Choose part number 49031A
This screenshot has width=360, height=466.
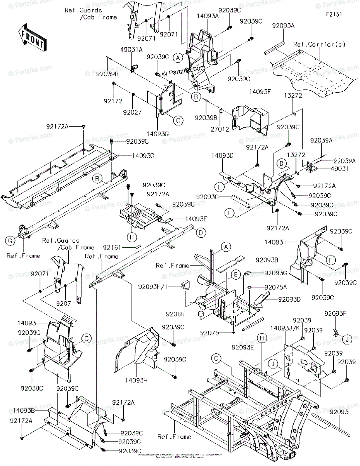tap(132, 49)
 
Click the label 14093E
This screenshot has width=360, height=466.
tap(196, 219)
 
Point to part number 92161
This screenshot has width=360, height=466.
tap(112, 247)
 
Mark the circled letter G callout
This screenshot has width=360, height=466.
tap(10, 241)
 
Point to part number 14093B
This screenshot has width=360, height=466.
tap(24, 409)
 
